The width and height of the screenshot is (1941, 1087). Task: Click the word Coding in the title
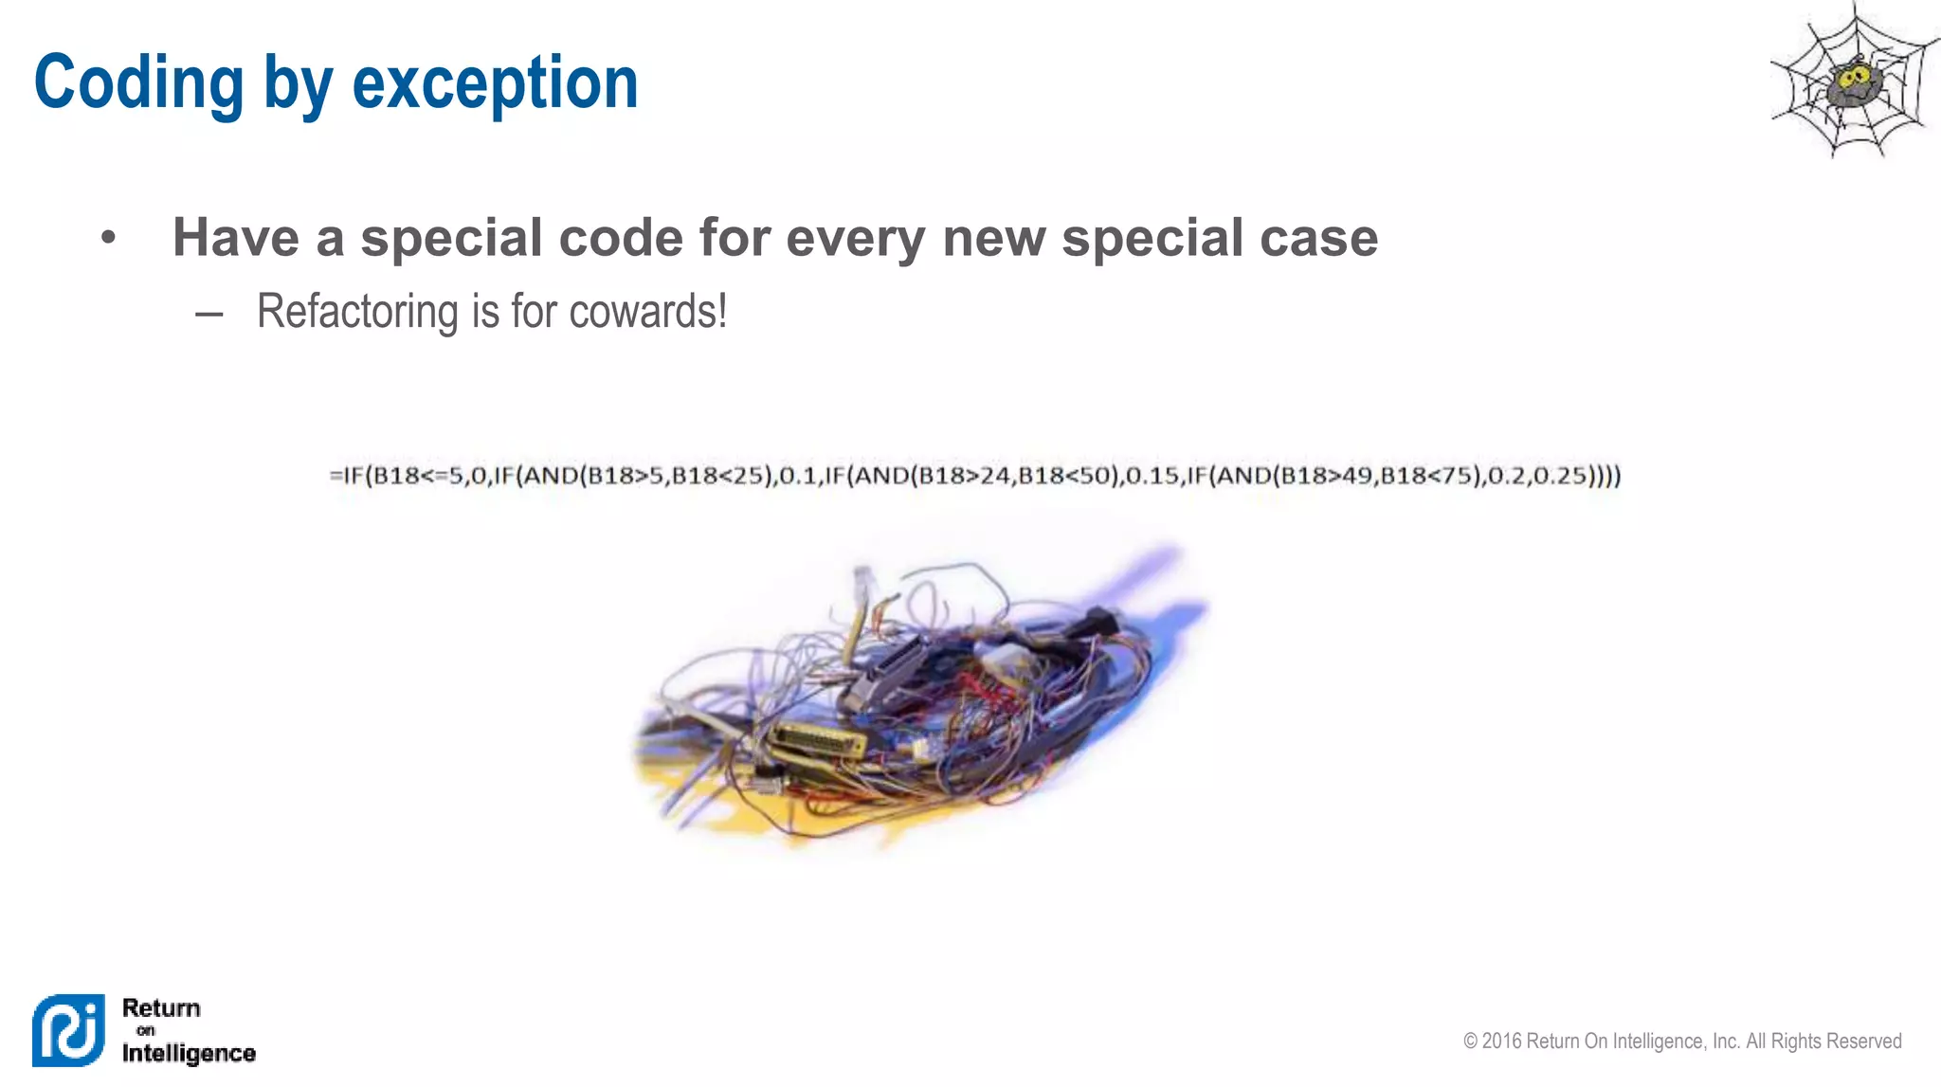[x=139, y=83]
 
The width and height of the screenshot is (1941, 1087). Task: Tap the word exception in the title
[x=495, y=83]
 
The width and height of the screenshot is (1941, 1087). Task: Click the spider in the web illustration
[x=1853, y=83]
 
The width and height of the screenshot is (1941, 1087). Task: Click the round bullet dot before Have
[x=108, y=237]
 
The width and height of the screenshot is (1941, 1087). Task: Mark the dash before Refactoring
[x=209, y=314]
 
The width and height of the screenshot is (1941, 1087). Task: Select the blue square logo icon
[x=68, y=1030]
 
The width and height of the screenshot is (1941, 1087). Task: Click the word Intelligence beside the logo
[x=189, y=1053]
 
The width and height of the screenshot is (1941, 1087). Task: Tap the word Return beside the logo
[x=161, y=1007]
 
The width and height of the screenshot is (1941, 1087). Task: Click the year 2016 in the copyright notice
[x=1501, y=1042]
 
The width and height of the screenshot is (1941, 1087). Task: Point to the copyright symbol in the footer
[x=1470, y=1042]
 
